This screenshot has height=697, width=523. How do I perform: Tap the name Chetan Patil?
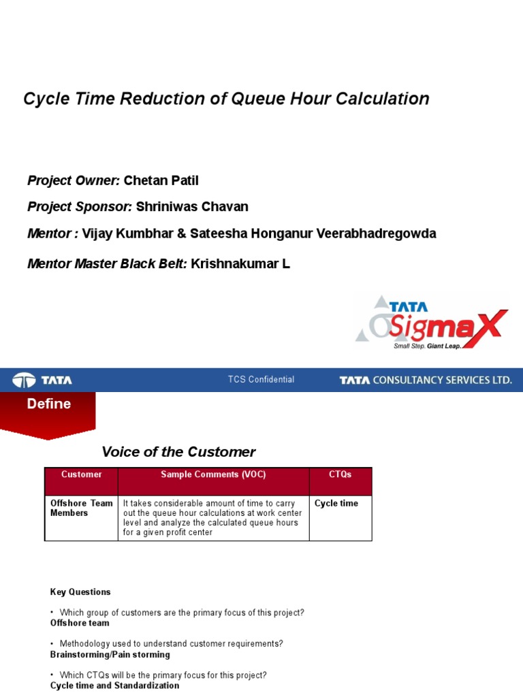pyautogui.click(x=161, y=180)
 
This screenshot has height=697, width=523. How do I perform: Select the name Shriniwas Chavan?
pyautogui.click(x=192, y=206)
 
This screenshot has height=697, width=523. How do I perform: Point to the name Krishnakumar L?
pyautogui.click(x=240, y=263)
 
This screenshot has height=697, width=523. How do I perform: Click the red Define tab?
pyautogui.click(x=48, y=405)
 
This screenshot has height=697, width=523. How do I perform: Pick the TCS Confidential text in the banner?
pyautogui.click(x=261, y=380)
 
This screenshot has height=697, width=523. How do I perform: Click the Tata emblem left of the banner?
pyautogui.click(x=25, y=380)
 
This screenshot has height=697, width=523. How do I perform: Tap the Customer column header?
pyautogui.click(x=81, y=474)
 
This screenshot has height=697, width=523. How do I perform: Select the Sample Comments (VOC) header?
pyautogui.click(x=213, y=474)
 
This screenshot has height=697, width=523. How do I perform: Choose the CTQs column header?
pyautogui.click(x=340, y=474)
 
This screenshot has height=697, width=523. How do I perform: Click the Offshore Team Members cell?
pyautogui.click(x=81, y=508)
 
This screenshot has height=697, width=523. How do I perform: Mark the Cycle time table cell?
pyautogui.click(x=336, y=504)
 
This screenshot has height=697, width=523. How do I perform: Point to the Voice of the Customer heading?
pyautogui.click(x=178, y=452)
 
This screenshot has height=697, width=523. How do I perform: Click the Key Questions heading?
pyautogui.click(x=80, y=592)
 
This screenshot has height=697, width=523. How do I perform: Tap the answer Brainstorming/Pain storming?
pyautogui.click(x=110, y=655)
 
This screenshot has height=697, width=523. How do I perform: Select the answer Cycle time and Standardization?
pyautogui.click(x=114, y=685)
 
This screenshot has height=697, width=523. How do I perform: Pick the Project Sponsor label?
pyautogui.click(x=79, y=206)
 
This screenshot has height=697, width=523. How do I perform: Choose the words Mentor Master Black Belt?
pyautogui.click(x=107, y=263)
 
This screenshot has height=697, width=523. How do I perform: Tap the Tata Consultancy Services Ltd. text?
pyautogui.click(x=426, y=380)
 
